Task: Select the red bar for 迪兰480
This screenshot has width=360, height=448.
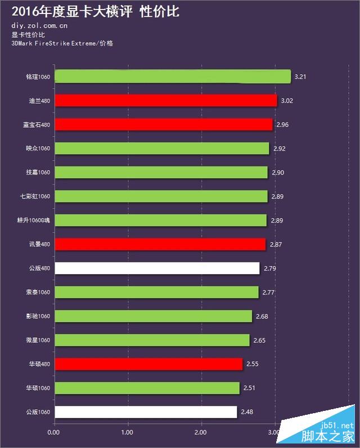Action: click(x=166, y=101)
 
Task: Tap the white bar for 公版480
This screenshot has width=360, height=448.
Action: click(x=157, y=268)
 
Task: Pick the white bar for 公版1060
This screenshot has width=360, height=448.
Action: click(x=146, y=412)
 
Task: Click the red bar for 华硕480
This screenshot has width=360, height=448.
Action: click(x=148, y=364)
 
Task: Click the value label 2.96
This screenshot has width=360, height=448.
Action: click(x=282, y=124)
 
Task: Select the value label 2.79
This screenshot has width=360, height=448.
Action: click(x=270, y=268)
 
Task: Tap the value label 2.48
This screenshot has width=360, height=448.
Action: click(x=247, y=412)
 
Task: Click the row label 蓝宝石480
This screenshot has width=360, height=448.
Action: click(x=38, y=125)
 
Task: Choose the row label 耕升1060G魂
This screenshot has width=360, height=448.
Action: click(x=33, y=220)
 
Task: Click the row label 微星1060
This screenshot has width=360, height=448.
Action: click(x=38, y=340)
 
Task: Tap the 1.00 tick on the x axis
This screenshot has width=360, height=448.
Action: click(x=127, y=432)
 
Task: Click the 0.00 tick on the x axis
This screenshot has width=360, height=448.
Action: click(x=53, y=432)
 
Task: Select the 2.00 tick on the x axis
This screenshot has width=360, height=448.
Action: click(x=200, y=432)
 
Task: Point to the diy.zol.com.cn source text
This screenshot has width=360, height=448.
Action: click(x=39, y=25)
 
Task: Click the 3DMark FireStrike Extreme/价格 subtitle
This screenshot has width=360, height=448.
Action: click(x=62, y=43)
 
